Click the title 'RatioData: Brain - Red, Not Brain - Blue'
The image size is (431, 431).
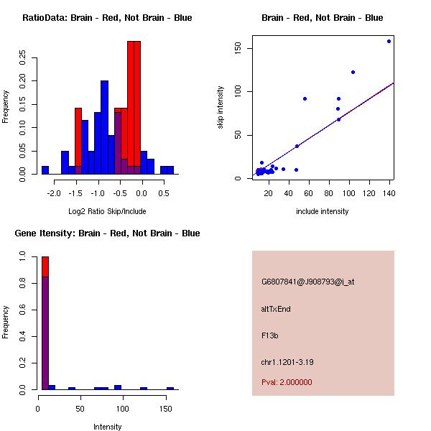[107, 17]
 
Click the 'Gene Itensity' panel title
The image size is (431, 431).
[107, 233]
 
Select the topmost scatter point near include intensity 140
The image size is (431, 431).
[389, 41]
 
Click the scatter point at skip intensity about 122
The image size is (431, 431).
[353, 72]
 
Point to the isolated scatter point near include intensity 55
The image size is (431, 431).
[305, 98]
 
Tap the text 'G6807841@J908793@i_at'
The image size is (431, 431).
[307, 282]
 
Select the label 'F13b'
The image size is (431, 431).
[269, 335]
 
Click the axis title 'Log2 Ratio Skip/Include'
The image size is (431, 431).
[107, 211]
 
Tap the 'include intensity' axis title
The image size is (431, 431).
[323, 211]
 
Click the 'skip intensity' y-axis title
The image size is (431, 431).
[221, 108]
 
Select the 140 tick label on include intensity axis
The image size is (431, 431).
[388, 193]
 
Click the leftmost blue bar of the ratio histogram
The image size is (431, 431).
[45, 170]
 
